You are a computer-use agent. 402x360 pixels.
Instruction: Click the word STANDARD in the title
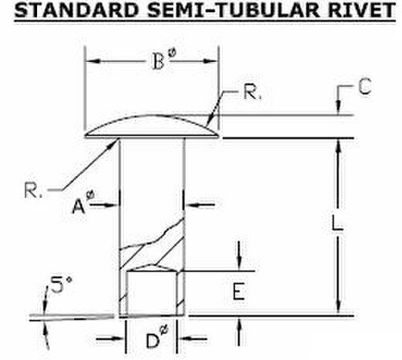[76, 10]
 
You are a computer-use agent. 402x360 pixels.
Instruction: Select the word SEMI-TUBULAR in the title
[233, 10]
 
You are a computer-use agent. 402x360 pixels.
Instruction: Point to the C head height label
[365, 87]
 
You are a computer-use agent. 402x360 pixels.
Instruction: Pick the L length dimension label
[337, 223]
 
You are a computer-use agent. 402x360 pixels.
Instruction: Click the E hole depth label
[239, 291]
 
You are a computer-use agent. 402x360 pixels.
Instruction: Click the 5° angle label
[61, 284]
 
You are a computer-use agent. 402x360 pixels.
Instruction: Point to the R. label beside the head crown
[252, 92]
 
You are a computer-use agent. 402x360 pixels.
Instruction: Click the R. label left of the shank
[33, 190]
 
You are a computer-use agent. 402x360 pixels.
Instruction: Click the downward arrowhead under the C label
[338, 107]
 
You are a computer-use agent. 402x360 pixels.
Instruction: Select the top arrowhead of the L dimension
[338, 146]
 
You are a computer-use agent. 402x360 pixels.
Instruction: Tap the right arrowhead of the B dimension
[211, 61]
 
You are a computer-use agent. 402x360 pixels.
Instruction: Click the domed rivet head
[152, 127]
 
